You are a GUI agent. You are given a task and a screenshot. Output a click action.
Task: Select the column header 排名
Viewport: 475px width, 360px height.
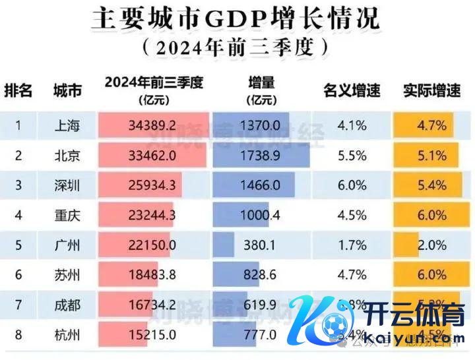(18, 91)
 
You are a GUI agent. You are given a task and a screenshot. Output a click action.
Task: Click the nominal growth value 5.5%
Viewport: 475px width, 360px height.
(352, 156)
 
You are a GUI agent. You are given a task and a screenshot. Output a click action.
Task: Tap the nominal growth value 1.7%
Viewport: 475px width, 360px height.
(352, 245)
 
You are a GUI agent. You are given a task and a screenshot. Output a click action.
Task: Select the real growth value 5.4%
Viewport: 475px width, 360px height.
(433, 186)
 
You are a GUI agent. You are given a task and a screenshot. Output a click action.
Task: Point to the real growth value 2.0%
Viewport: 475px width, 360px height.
(433, 245)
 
